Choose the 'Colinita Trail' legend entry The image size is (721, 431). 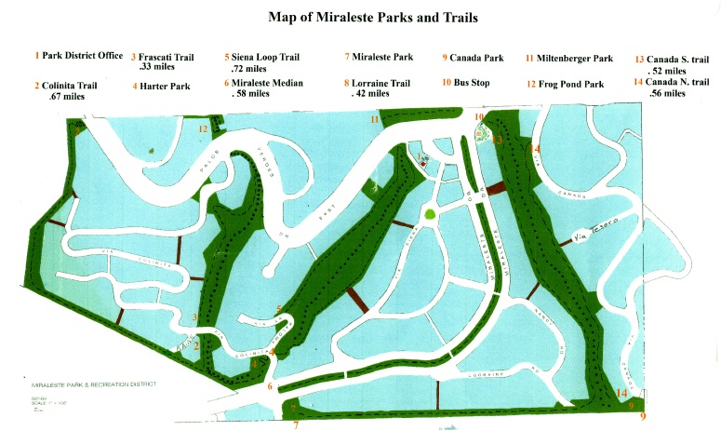(69, 85)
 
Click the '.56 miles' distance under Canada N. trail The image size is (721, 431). (668, 94)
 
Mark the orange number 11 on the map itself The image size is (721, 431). (375, 120)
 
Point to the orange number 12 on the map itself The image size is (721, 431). (203, 129)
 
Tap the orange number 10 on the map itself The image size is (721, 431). (479, 117)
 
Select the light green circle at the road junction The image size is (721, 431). (429, 215)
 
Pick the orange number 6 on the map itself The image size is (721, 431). (270, 387)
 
